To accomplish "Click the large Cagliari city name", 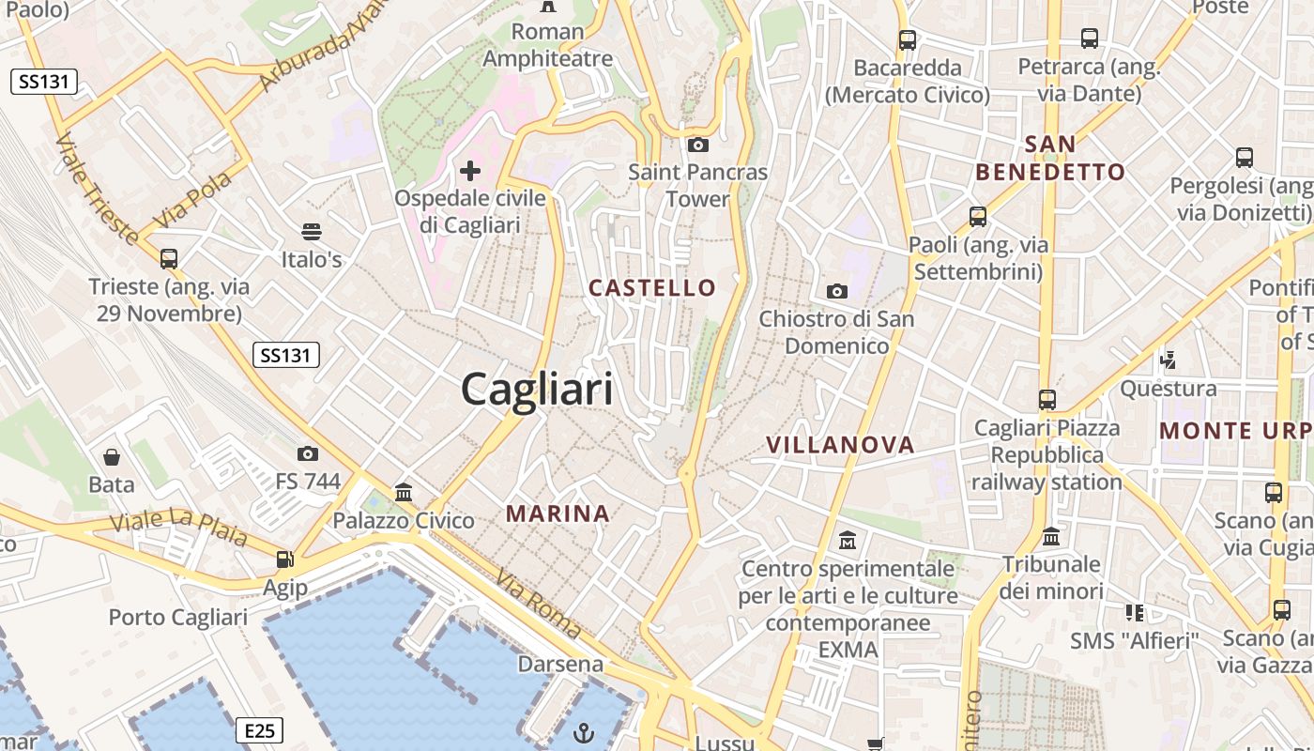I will (537, 390).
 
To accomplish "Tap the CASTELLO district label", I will (652, 288).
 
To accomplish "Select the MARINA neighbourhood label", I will (558, 513).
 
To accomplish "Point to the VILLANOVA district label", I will (840, 445).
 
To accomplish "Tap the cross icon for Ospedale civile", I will (470, 171).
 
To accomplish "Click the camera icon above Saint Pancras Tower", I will (697, 145).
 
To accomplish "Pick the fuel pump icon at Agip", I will (284, 559).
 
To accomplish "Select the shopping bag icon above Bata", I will (112, 457).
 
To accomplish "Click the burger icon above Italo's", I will (312, 231).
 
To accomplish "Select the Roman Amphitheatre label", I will (547, 45).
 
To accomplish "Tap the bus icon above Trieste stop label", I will (169, 258).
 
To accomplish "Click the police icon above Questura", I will (1169, 359).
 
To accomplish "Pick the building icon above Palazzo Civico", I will (404, 492).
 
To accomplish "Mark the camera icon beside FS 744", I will (308, 454).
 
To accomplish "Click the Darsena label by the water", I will (560, 665).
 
